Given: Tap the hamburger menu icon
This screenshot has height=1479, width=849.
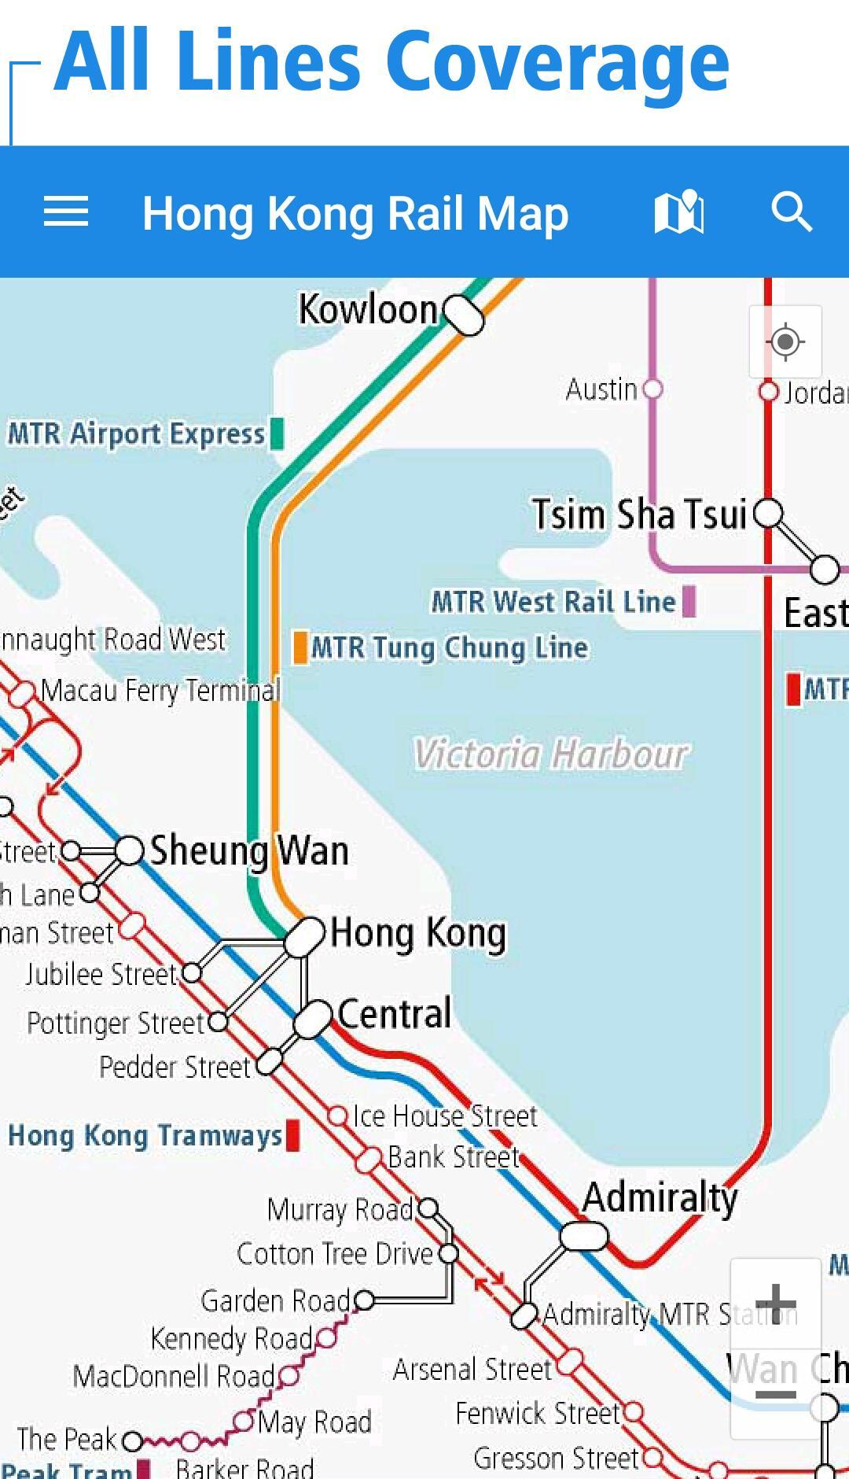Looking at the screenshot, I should click(65, 212).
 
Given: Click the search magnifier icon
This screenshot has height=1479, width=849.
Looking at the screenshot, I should click(791, 212).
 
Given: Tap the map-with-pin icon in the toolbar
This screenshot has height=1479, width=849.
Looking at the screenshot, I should click(679, 212).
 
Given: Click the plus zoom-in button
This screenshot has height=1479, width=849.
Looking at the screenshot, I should click(776, 1304).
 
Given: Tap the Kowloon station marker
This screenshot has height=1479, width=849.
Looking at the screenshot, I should click(463, 315).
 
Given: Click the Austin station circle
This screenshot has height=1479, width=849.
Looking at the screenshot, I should click(652, 389).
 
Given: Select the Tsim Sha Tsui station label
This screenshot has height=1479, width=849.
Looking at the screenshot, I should click(639, 515).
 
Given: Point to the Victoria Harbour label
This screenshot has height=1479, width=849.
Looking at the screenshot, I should click(550, 754).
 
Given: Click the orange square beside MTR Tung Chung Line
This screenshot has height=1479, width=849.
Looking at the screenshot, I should click(300, 647).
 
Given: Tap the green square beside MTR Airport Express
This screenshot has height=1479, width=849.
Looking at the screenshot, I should click(277, 433).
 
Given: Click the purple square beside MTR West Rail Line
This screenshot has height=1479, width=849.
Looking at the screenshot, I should click(689, 602).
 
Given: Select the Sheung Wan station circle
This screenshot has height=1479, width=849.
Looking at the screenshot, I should click(130, 850).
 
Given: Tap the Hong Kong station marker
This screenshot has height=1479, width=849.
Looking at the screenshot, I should click(304, 936).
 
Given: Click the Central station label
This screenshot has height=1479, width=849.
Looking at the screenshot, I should click(394, 1014).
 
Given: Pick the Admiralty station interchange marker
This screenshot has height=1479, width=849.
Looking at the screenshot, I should click(583, 1236).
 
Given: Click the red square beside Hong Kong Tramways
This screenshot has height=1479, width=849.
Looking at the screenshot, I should click(292, 1135).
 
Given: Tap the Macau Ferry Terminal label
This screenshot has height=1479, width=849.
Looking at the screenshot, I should click(160, 691).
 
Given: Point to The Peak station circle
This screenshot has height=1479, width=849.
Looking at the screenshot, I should click(133, 1441).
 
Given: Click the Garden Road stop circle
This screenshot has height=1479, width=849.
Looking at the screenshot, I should click(364, 1300).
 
